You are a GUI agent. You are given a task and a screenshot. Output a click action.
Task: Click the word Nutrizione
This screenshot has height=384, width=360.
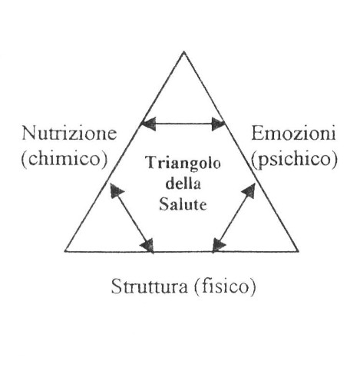(x=69, y=134)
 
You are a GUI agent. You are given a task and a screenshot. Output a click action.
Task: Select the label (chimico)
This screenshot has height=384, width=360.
(x=64, y=159)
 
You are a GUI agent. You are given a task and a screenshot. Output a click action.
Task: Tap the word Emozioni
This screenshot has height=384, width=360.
(x=293, y=134)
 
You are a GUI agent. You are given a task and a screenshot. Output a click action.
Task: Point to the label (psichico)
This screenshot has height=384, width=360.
(x=294, y=160)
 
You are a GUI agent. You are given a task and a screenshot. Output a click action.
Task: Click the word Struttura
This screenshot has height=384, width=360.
(x=149, y=286)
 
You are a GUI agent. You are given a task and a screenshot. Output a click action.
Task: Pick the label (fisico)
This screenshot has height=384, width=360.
(x=225, y=287)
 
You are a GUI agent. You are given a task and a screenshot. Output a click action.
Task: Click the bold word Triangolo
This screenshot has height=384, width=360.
(x=183, y=164)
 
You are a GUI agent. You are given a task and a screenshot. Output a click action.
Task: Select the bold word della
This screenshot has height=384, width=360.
(x=183, y=184)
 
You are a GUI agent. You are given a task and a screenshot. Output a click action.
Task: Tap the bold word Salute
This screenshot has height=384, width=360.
(x=183, y=204)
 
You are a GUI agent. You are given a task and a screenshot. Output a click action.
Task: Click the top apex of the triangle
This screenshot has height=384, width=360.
(x=183, y=51)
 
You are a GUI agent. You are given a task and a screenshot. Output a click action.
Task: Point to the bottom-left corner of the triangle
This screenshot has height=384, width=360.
(x=65, y=251)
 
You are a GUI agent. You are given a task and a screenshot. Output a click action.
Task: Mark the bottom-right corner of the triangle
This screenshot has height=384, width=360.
(x=298, y=251)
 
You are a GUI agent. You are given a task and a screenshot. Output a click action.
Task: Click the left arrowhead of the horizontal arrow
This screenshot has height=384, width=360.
(x=148, y=124)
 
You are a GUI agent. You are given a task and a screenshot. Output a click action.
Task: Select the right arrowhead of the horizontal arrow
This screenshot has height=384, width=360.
(x=218, y=124)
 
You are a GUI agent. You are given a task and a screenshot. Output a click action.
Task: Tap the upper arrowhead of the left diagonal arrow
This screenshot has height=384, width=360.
(x=117, y=190)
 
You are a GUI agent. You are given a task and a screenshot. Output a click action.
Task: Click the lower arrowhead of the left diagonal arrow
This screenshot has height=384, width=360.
(x=147, y=245)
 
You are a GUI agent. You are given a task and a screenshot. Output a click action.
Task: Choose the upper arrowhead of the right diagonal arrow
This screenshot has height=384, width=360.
(x=249, y=190)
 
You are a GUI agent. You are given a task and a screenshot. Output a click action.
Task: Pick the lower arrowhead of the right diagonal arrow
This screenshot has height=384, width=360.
(x=219, y=246)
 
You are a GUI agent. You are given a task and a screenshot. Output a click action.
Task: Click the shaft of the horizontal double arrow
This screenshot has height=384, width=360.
(x=183, y=124)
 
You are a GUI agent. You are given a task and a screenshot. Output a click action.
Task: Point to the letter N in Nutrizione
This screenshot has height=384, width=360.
(x=29, y=134)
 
